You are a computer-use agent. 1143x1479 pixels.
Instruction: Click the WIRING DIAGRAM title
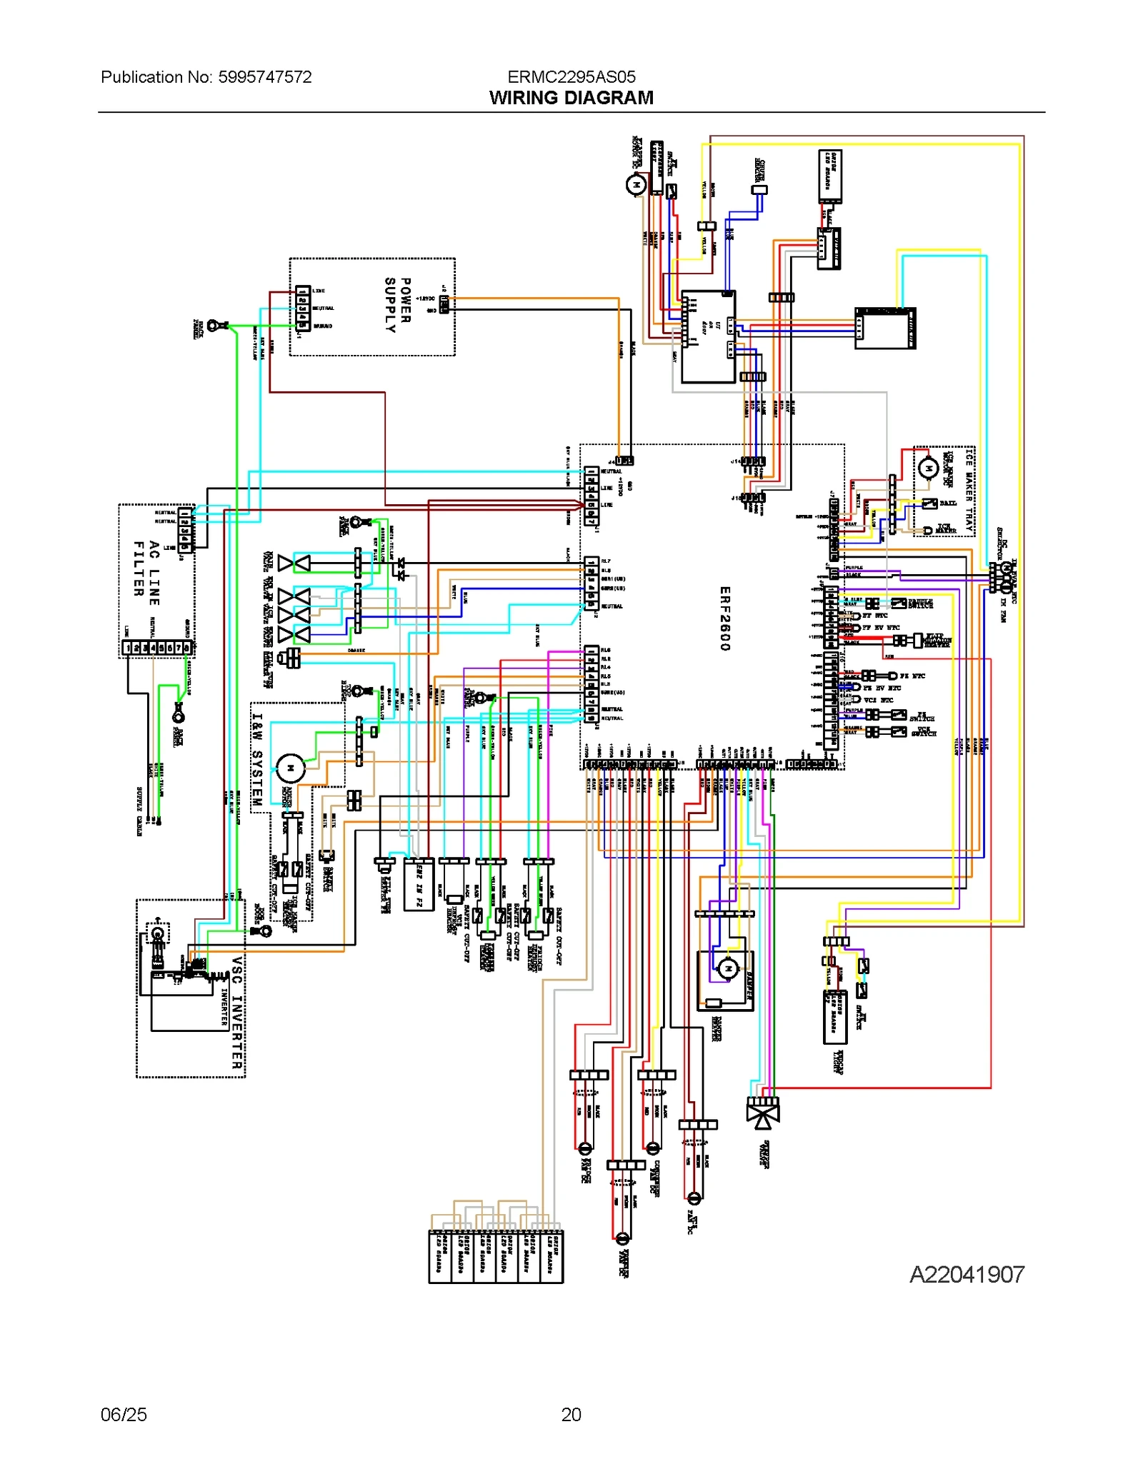click(x=571, y=98)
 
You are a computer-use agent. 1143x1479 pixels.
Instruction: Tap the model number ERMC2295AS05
click(x=571, y=77)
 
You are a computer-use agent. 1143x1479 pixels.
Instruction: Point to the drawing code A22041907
click(x=967, y=1274)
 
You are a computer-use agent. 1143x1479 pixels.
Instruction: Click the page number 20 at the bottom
click(x=571, y=1415)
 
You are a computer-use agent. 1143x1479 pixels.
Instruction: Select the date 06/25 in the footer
click(x=124, y=1415)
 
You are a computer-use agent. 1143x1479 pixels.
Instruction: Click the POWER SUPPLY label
click(x=397, y=306)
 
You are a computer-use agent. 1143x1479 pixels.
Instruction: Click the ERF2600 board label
click(x=724, y=618)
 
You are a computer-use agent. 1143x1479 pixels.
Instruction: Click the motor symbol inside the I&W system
click(x=291, y=768)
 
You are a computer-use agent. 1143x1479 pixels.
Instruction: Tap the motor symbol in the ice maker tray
click(x=927, y=468)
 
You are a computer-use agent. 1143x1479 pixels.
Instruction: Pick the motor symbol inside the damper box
click(x=728, y=969)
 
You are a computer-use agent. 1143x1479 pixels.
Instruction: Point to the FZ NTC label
click(x=912, y=676)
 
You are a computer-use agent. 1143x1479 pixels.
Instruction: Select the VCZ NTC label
click(x=878, y=700)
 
